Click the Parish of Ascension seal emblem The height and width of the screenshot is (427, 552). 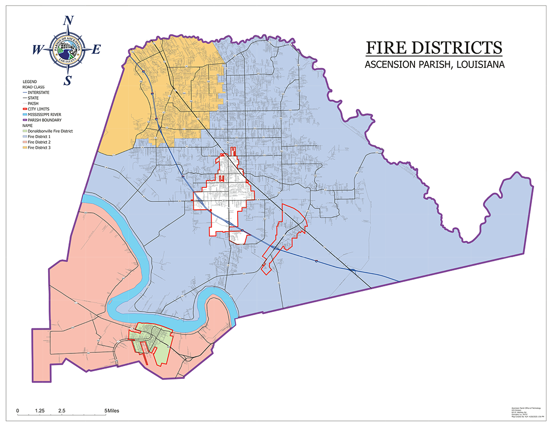(67, 50)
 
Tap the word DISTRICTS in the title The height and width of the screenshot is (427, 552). (457, 48)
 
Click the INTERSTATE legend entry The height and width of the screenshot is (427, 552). (40, 93)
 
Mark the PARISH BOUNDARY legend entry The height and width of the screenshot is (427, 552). (45, 120)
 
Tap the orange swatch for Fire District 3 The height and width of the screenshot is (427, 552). (25, 148)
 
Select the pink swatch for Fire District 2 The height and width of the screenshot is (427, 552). (25, 142)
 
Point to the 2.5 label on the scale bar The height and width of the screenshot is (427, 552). (62, 411)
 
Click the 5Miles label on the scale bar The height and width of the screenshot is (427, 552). (112, 411)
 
